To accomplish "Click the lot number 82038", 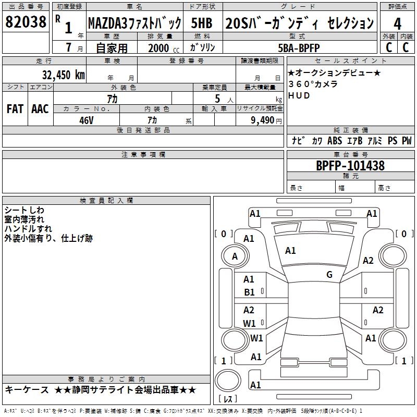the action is click(26, 22).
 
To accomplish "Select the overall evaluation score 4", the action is click(397, 23).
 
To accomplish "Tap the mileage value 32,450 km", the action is click(63, 75).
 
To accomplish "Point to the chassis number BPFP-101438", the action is click(350, 166).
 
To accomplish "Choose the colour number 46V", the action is click(86, 120).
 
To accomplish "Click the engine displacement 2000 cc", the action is click(162, 48).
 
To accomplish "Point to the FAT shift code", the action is click(15, 108).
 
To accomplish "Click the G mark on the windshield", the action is click(329, 275).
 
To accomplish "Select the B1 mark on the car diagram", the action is click(250, 292).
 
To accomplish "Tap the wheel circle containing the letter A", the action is click(235, 256).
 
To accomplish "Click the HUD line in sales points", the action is click(299, 96).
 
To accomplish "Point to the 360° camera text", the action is click(313, 84).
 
